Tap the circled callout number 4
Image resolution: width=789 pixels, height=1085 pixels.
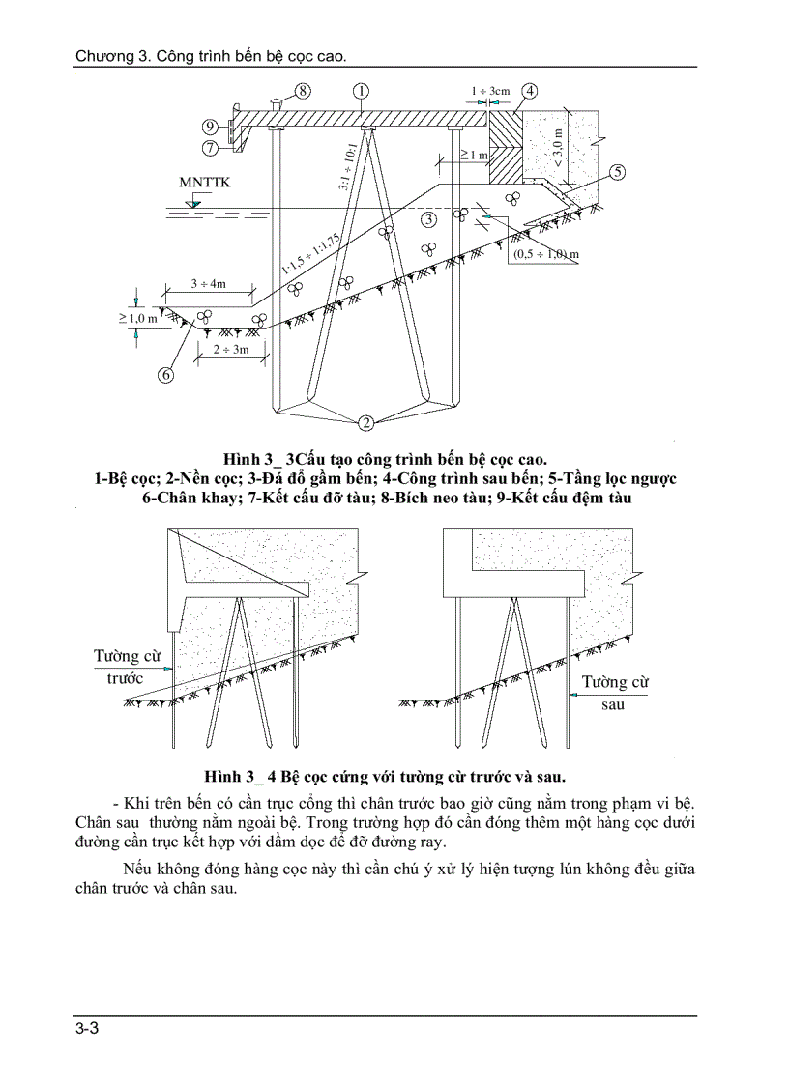coord(531,91)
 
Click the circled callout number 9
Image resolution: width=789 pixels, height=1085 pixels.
coord(210,127)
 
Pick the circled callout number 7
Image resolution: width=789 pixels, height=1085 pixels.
coord(210,148)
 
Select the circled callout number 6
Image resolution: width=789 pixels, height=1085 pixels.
coord(165,374)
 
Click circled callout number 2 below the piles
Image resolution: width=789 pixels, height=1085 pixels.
coord(365,421)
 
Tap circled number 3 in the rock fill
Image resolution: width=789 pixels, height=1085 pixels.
coord(428,219)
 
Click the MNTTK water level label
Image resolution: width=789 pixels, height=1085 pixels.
coord(205,182)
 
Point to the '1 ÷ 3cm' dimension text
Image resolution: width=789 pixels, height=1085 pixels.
coord(490,91)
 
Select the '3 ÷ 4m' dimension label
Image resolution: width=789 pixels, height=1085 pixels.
coord(208,283)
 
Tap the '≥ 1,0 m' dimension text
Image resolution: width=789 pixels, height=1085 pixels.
coord(137,318)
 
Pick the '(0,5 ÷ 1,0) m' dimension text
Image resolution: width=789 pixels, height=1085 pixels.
coord(545,254)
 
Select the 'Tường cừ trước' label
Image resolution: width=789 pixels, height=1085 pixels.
coord(126,667)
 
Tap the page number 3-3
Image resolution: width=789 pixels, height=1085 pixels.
coord(87,1028)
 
